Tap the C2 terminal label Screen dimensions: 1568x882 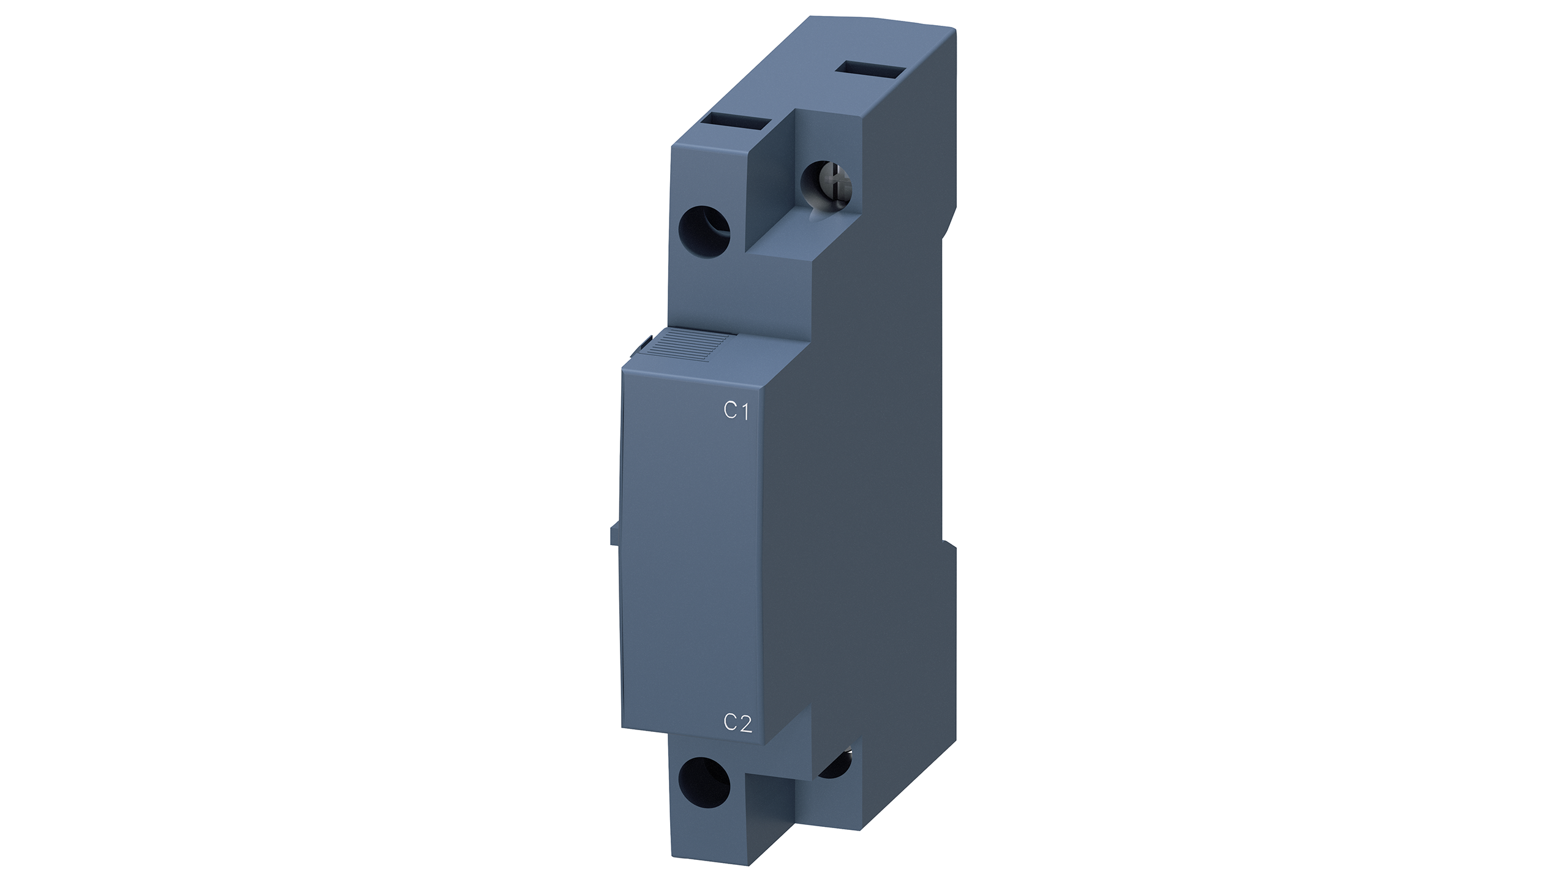[x=737, y=723]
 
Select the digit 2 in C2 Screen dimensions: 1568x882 [x=745, y=723]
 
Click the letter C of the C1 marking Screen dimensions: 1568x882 [x=729, y=411]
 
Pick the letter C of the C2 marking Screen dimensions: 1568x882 [x=730, y=723]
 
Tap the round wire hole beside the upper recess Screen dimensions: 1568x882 [x=705, y=230]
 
